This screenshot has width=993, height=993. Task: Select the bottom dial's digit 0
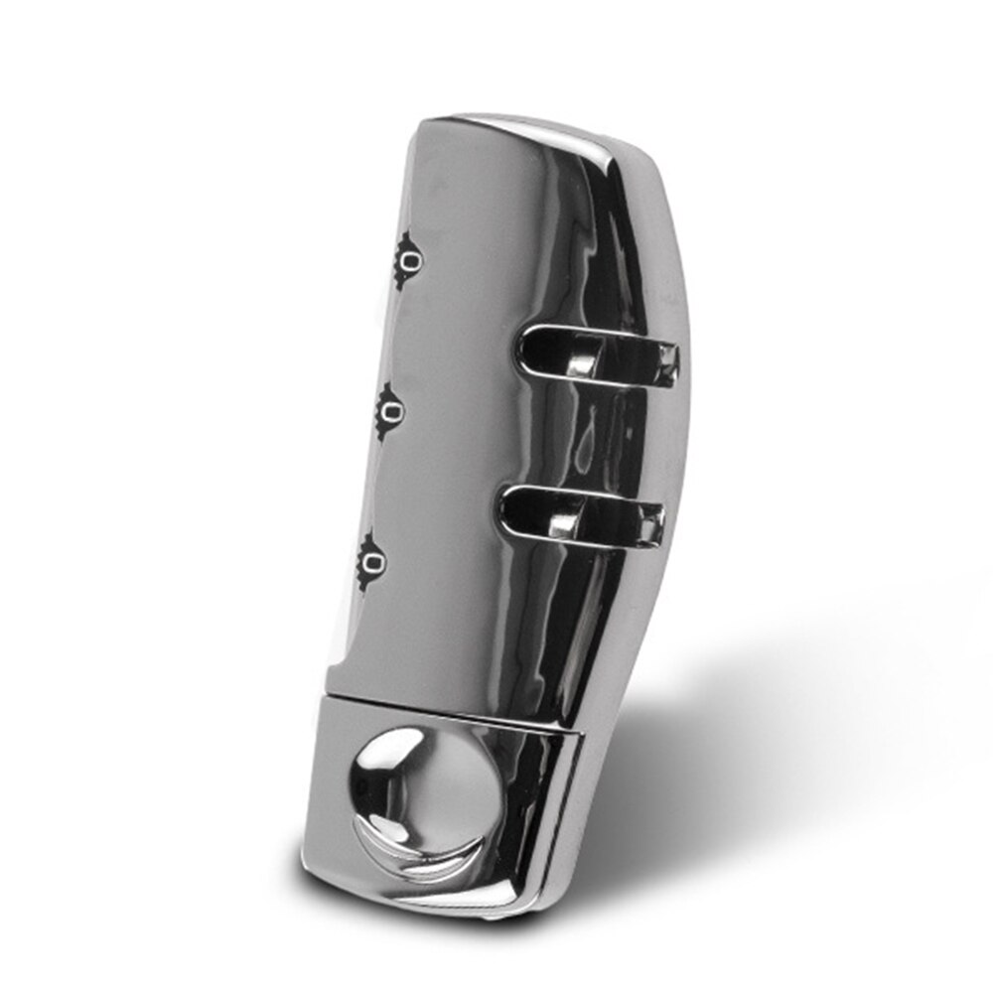click(373, 565)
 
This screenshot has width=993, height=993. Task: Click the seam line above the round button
click(447, 706)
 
